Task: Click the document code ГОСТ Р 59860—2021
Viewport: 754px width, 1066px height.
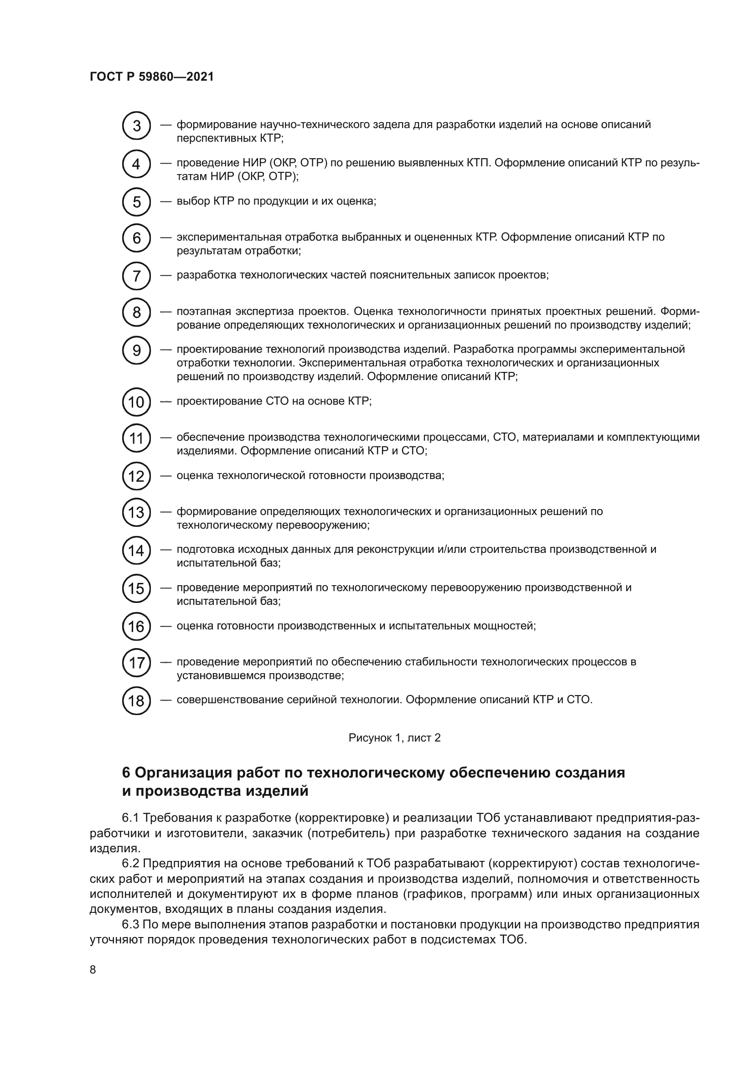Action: pyautogui.click(x=152, y=77)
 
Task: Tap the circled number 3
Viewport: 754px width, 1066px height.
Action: pyautogui.click(x=136, y=126)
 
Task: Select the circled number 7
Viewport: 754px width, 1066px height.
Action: pyautogui.click(x=136, y=276)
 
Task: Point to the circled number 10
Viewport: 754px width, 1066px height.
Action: pyautogui.click(x=136, y=402)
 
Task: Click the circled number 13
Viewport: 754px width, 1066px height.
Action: pyautogui.click(x=136, y=513)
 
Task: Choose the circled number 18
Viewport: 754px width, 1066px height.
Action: pyautogui.click(x=136, y=701)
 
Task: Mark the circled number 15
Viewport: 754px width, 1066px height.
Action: pyautogui.click(x=136, y=589)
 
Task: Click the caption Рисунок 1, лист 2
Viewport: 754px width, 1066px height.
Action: pyautogui.click(x=394, y=738)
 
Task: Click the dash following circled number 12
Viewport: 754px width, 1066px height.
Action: pyautogui.click(x=166, y=476)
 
